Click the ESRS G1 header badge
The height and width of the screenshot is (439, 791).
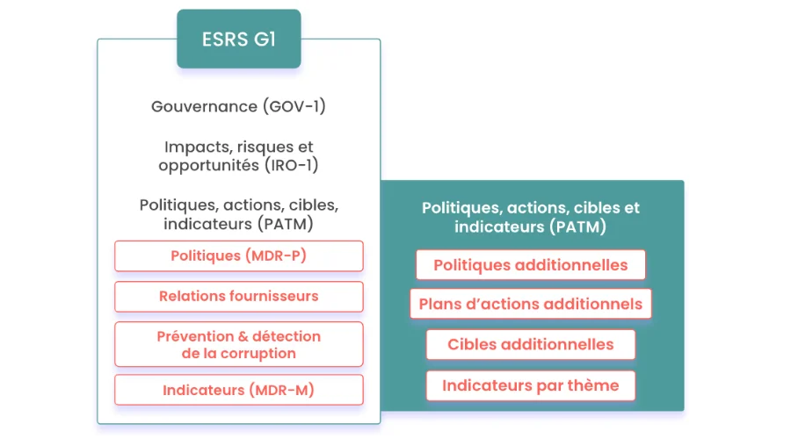[x=238, y=40]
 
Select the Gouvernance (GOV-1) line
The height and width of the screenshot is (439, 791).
[x=238, y=107]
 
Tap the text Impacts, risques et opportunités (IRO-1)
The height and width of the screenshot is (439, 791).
[x=238, y=155]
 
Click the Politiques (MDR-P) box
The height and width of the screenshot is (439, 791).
[x=238, y=255]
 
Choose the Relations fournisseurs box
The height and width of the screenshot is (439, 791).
[x=238, y=296]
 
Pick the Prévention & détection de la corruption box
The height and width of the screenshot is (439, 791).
[x=238, y=344]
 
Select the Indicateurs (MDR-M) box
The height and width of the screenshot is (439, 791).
[x=238, y=390]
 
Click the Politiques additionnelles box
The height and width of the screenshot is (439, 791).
[x=530, y=264]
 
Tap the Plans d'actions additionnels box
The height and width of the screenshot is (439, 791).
[x=530, y=304]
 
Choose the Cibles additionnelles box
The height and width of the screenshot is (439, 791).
[x=530, y=344]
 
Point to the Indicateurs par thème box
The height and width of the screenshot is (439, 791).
[x=530, y=385]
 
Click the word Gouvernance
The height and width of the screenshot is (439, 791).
[x=204, y=107]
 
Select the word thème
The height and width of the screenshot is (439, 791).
[x=592, y=385]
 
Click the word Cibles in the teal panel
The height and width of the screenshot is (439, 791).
[x=471, y=344]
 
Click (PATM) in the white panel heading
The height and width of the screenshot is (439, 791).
[x=285, y=224]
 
